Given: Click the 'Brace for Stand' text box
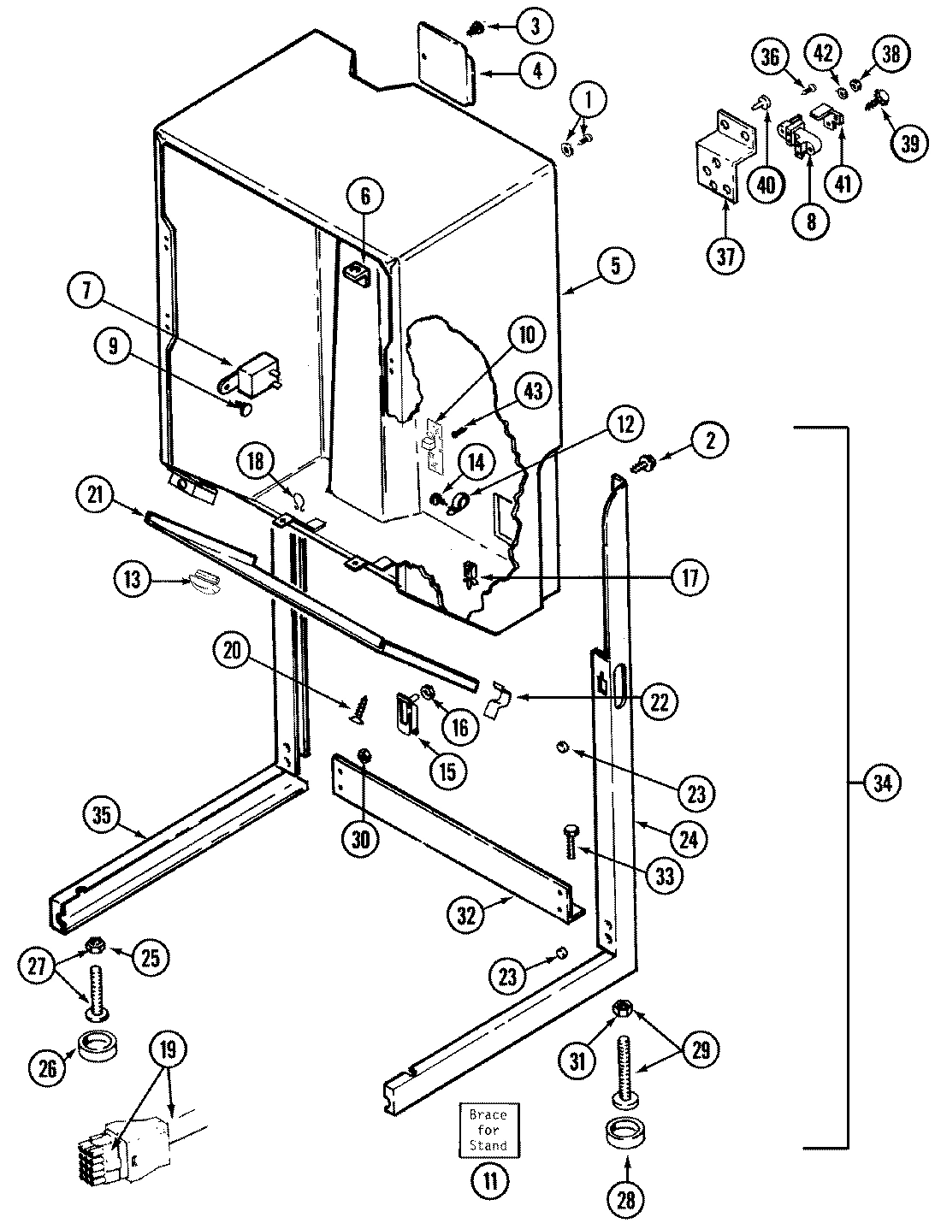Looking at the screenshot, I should point(488,1130).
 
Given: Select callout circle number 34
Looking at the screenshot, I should point(883,783).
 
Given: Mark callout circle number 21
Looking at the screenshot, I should point(94,495).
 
